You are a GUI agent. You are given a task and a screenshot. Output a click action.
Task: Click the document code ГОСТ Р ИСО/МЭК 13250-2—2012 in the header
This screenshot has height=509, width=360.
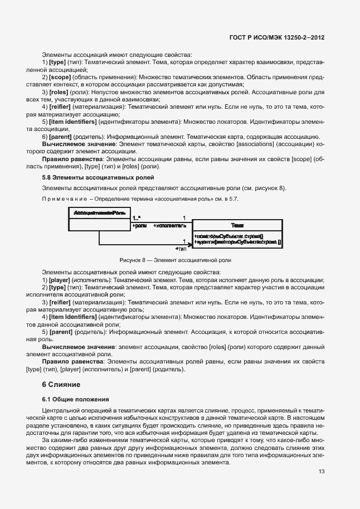[277, 37]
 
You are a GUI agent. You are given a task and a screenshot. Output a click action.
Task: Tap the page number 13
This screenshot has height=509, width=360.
[321, 472]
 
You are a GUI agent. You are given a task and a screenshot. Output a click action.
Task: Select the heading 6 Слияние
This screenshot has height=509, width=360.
[61, 385]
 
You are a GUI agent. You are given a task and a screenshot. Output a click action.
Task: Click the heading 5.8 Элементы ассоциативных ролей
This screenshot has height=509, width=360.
[90, 177]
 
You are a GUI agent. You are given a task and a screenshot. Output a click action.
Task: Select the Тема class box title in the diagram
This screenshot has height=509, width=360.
[236, 225]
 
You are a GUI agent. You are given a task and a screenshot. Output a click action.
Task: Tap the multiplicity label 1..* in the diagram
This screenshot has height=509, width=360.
[136, 218]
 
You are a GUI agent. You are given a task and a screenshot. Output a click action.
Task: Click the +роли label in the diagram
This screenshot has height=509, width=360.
[140, 226]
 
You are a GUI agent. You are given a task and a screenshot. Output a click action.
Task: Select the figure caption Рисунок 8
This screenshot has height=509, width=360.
[175, 260]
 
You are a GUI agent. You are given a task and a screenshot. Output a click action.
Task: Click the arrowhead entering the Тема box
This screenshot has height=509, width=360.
[189, 244]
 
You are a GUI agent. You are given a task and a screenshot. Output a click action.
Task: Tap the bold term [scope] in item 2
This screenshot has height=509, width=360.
[59, 75]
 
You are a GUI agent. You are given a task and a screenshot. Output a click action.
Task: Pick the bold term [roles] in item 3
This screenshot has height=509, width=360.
[59, 91]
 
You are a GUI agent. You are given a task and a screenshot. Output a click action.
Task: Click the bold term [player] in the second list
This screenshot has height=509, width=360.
[60, 279]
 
